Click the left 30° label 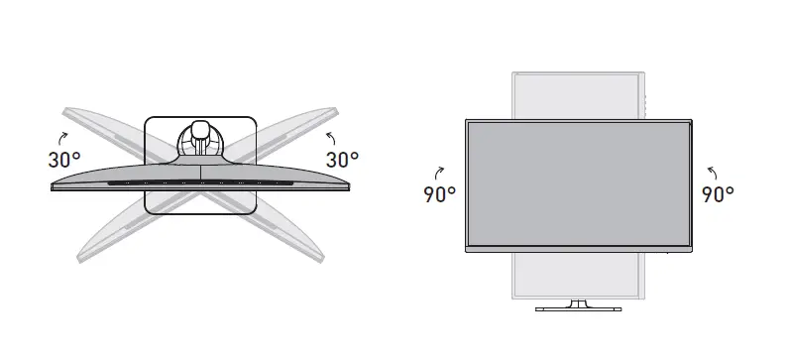pyautogui.click(x=64, y=160)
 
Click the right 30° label pyautogui.click(x=342, y=160)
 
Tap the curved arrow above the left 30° pyautogui.click(x=62, y=138)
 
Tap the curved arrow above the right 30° pyautogui.click(x=331, y=138)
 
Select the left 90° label pyautogui.click(x=440, y=194)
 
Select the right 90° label pyautogui.click(x=718, y=194)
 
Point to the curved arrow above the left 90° pyautogui.click(x=439, y=173)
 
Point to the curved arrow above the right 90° pyautogui.click(x=712, y=173)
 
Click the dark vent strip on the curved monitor pyautogui.click(x=200, y=182)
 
